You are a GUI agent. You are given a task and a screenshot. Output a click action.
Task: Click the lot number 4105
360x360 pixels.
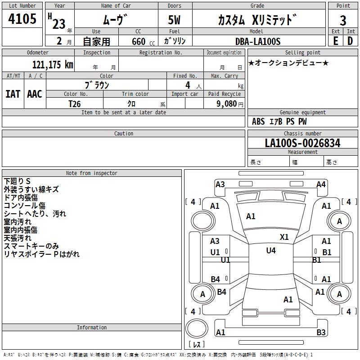pyautogui.click(x=22, y=18)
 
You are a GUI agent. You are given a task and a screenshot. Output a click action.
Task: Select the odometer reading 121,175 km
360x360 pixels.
pyautogui.click(x=53, y=65)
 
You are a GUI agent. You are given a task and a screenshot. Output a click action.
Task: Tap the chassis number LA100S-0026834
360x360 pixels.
pyautogui.click(x=302, y=143)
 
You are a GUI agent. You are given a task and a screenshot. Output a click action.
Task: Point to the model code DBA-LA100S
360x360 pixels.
pyautogui.click(x=258, y=41)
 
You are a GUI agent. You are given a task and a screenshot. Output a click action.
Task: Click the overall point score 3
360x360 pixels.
pyautogui.click(x=343, y=21)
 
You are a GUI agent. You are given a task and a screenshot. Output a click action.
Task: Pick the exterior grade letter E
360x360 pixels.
pyautogui.click(x=336, y=41)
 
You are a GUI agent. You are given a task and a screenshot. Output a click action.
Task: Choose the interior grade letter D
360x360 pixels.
pyautogui.click(x=350, y=41)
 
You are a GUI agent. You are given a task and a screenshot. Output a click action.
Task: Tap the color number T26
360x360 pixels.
pyautogui.click(x=75, y=104)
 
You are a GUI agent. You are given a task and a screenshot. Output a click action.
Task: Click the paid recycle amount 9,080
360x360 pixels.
pyautogui.click(x=227, y=104)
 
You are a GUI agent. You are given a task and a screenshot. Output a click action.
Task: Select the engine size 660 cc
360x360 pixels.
pyautogui.click(x=143, y=42)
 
